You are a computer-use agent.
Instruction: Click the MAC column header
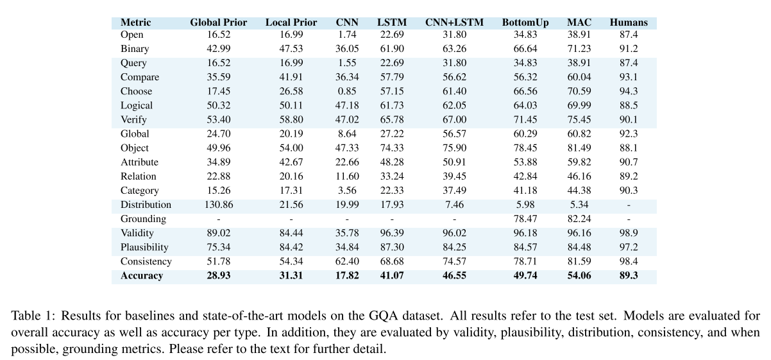579,22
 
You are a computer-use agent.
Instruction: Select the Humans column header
629,22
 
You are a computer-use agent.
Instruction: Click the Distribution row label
146,205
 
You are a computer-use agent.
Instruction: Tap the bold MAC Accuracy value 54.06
579,276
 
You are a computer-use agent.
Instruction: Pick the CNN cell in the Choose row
347,91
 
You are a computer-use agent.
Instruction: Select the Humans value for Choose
629,91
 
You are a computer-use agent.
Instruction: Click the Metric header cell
135,22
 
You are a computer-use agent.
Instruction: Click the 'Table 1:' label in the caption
29,316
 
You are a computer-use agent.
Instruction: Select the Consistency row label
146,262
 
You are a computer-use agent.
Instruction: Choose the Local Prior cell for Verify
291,119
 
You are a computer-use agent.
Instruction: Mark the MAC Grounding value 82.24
579,219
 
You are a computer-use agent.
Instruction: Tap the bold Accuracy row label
142,276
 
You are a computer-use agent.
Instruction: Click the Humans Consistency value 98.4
629,262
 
